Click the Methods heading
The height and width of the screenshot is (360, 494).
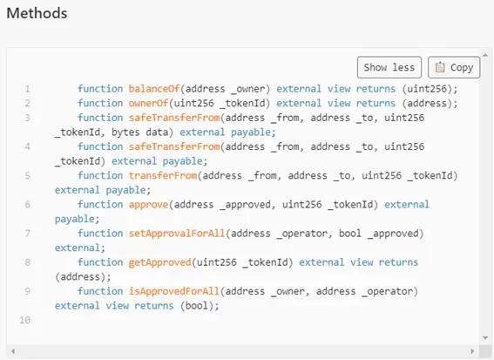pyautogui.click(x=37, y=13)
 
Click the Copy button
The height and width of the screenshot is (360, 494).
pyautogui.click(x=454, y=67)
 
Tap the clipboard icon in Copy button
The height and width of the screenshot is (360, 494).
pyautogui.click(x=440, y=67)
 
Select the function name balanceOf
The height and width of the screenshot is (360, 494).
pyautogui.click(x=154, y=89)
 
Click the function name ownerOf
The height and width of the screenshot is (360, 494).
pyautogui.click(x=148, y=104)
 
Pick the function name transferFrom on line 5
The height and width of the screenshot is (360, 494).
pyautogui.click(x=163, y=175)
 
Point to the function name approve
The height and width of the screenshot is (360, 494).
pyautogui.click(x=148, y=205)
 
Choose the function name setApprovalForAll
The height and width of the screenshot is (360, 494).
pyautogui.click(x=177, y=234)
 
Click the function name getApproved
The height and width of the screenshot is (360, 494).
pyautogui.click(x=159, y=262)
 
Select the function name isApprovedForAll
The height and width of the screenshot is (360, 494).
pyautogui.click(x=174, y=291)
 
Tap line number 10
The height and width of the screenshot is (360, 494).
pyautogui.click(x=25, y=320)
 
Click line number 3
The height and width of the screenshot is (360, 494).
pyautogui.click(x=28, y=118)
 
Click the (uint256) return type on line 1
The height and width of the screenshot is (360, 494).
pyautogui.click(x=427, y=89)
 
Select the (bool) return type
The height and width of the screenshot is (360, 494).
pyautogui.click(x=197, y=306)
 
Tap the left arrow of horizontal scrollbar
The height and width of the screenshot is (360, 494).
pyautogui.click(x=13, y=351)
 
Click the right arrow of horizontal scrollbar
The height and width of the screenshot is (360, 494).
pyautogui.click(x=472, y=351)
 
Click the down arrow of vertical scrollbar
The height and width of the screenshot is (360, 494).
pyautogui.click(x=485, y=338)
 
